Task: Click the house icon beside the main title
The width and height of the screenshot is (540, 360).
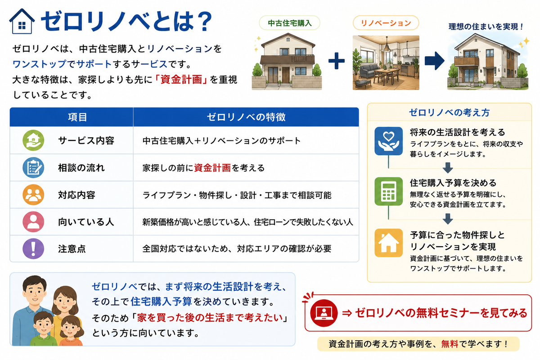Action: click(22, 21)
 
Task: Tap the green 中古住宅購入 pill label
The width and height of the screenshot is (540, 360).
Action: click(289, 23)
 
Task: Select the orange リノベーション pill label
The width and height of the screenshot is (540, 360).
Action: click(386, 23)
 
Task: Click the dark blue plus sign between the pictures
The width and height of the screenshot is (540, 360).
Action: click(337, 60)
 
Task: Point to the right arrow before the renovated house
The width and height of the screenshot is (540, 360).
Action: click(434, 60)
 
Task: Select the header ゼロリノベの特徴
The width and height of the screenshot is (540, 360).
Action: click(246, 117)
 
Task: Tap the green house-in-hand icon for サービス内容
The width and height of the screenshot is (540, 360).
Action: click(33, 140)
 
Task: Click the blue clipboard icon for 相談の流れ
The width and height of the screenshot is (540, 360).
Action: click(33, 167)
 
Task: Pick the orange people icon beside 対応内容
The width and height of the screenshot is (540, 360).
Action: click(33, 194)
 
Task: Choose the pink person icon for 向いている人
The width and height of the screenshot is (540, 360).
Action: click(33, 222)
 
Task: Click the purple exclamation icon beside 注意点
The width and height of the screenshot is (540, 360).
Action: click(33, 249)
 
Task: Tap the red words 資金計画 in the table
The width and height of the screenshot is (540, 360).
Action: click(212, 168)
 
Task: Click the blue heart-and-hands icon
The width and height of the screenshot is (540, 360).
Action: click(388, 141)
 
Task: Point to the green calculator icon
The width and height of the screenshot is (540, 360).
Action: click(388, 191)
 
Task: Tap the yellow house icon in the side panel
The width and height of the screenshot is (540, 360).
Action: click(388, 243)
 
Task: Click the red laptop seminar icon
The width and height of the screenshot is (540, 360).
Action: click(324, 313)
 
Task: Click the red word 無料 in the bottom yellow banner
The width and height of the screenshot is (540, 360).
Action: click(450, 344)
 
